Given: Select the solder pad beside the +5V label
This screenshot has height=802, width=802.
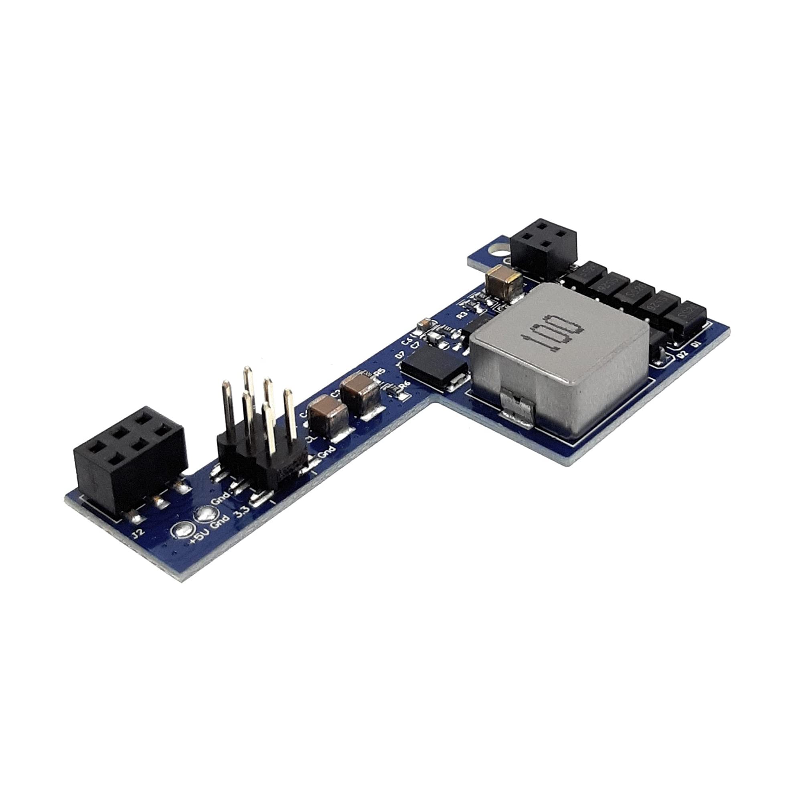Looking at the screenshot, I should point(181,531).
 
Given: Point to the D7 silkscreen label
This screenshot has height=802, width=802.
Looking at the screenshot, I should point(400,355).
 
